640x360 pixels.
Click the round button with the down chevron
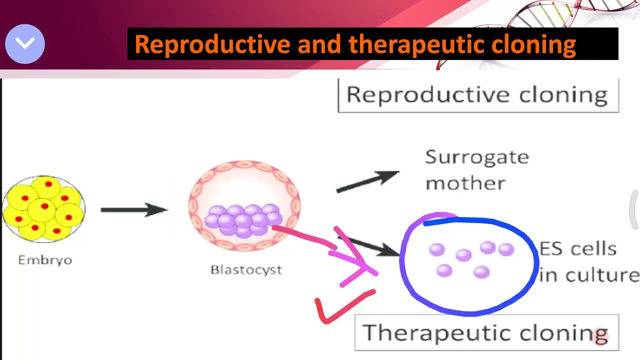(x=25, y=44)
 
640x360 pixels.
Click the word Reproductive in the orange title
(x=212, y=44)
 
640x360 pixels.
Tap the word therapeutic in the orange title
(x=417, y=44)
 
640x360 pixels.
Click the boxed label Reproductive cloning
(x=478, y=95)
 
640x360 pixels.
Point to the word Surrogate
(x=477, y=157)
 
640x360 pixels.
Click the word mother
(x=465, y=183)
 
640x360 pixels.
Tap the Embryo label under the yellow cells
(x=45, y=260)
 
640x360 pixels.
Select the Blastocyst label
(x=246, y=270)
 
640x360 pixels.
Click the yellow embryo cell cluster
(x=44, y=209)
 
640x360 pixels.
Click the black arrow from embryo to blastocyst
(x=134, y=209)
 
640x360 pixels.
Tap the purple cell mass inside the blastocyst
(x=244, y=219)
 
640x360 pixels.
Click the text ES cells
(x=578, y=249)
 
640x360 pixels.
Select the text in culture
(x=589, y=275)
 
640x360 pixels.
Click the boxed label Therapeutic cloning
(x=486, y=333)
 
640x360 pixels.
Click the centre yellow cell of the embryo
(x=44, y=207)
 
